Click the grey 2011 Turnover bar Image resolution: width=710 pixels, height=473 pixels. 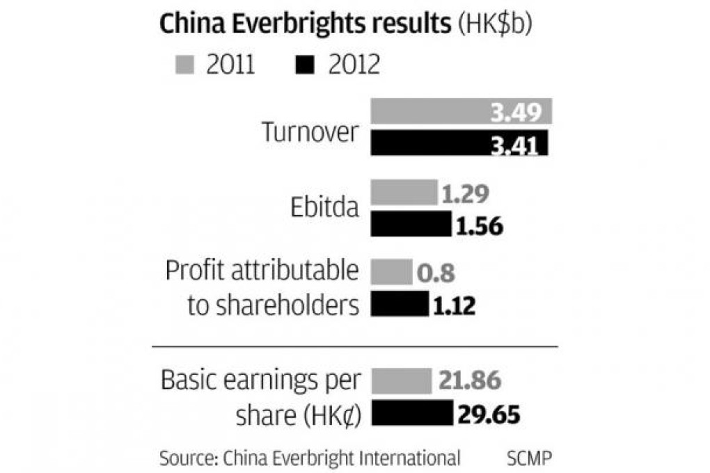click(x=461, y=111)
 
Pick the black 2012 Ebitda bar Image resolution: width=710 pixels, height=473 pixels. click(x=411, y=225)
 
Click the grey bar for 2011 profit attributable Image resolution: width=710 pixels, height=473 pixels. click(x=392, y=271)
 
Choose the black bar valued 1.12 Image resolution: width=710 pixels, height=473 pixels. click(x=400, y=304)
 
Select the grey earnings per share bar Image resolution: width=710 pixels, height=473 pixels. click(x=402, y=381)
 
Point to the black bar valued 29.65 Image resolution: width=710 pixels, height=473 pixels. click(x=412, y=414)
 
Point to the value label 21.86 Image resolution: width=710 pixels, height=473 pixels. click(x=471, y=382)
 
